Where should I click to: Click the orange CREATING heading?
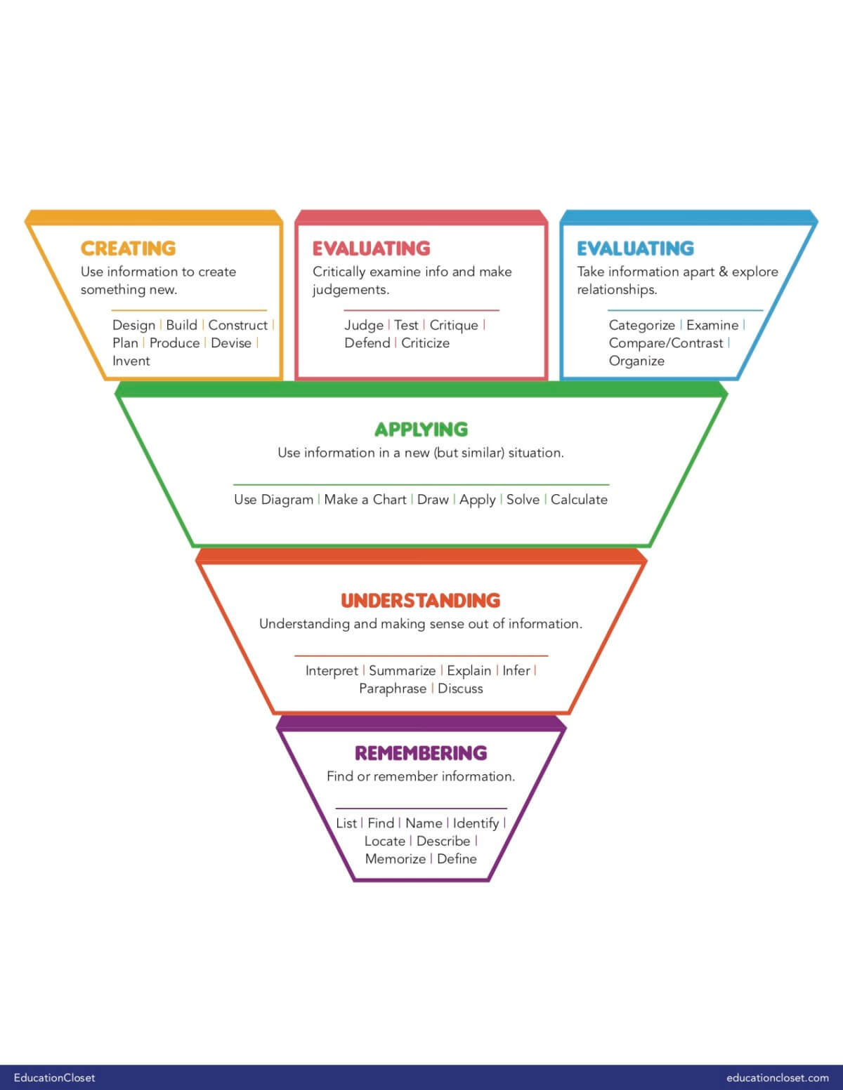[128, 248]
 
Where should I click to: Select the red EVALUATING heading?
[371, 248]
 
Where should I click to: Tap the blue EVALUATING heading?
[635, 248]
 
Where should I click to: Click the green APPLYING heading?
[421, 430]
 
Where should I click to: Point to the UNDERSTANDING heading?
[420, 601]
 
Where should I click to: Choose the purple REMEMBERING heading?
[421, 753]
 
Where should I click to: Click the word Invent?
[131, 361]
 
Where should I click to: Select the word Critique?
[454, 325]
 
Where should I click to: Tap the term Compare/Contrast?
[665, 343]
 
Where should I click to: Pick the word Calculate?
[579, 500]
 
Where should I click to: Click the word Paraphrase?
[393, 689]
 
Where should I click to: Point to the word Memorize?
[395, 859]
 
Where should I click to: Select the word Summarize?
[402, 671]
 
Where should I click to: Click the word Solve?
[523, 500]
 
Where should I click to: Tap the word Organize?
[636, 361]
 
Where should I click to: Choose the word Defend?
[367, 343]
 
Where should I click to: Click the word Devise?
[231, 343]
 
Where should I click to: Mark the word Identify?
[476, 823]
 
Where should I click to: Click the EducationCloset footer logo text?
[54, 1077]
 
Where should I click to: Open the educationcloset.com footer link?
[778, 1077]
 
